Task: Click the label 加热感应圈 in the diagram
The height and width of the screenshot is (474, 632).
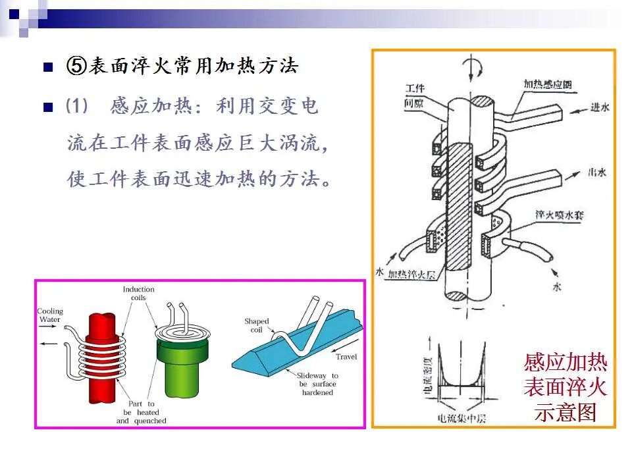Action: pos(547,84)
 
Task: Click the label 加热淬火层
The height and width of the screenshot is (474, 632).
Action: pos(411,275)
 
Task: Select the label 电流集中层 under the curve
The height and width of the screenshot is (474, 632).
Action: pos(461,417)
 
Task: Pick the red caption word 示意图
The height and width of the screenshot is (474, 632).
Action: pos(566,412)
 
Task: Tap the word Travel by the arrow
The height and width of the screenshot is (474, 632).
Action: pos(346,357)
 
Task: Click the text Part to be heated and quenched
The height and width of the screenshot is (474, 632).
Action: pos(142,412)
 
